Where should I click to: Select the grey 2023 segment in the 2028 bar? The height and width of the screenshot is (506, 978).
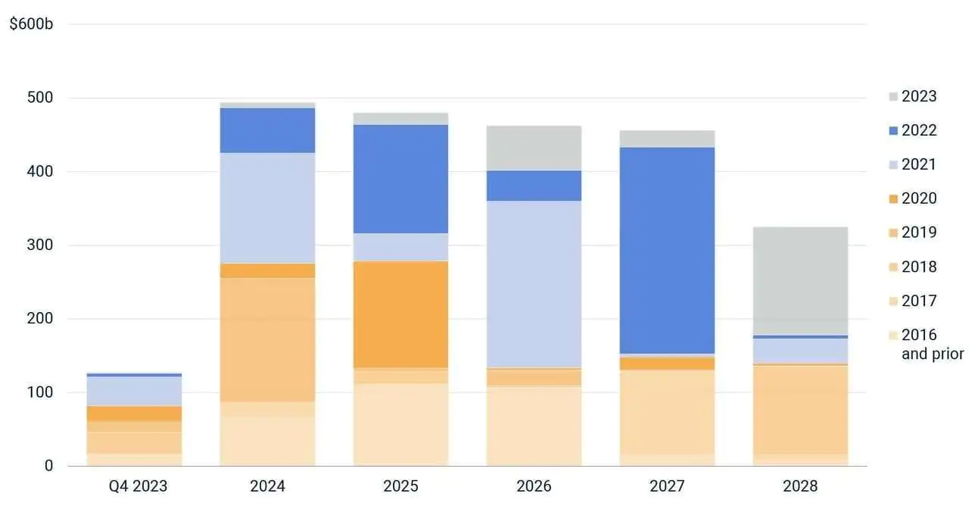coord(800,280)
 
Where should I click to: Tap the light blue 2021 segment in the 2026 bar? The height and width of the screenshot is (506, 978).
coord(534,284)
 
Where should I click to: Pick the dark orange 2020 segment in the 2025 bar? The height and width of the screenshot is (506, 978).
coord(400,314)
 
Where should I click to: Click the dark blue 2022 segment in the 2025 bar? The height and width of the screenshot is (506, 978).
coord(400,179)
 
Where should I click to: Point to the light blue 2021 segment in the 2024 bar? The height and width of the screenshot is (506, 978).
coord(267,208)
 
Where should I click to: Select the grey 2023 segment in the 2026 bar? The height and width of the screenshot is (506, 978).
coord(534,148)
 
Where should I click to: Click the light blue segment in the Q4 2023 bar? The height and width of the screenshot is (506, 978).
coord(134,391)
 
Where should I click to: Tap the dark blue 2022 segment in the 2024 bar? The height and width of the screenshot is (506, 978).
coord(267,130)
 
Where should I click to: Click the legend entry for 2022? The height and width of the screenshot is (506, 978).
coord(913,130)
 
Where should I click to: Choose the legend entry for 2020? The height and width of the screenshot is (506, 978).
coord(913,198)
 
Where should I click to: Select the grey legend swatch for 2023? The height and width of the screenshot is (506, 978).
coord(893,97)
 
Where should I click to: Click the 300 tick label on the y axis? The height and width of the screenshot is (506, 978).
coord(41,245)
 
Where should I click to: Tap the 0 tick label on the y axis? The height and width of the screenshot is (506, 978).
coord(48,466)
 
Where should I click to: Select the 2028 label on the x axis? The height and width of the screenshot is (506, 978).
coord(800,486)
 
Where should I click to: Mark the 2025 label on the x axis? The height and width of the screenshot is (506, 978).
coord(400,486)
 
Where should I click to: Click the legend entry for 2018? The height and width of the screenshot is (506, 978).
coord(913,267)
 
